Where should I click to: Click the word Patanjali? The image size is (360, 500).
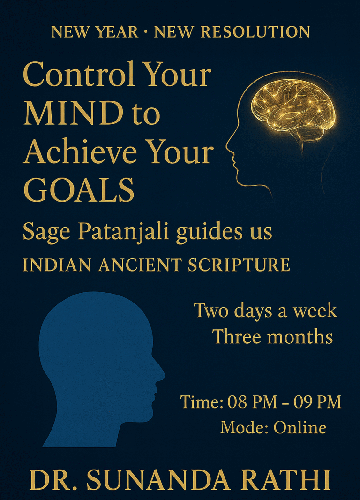pos(124,233)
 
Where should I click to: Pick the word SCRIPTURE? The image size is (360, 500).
pos(239,265)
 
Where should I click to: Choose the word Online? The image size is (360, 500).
pos(300,427)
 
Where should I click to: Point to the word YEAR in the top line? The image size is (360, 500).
pos(121,32)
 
